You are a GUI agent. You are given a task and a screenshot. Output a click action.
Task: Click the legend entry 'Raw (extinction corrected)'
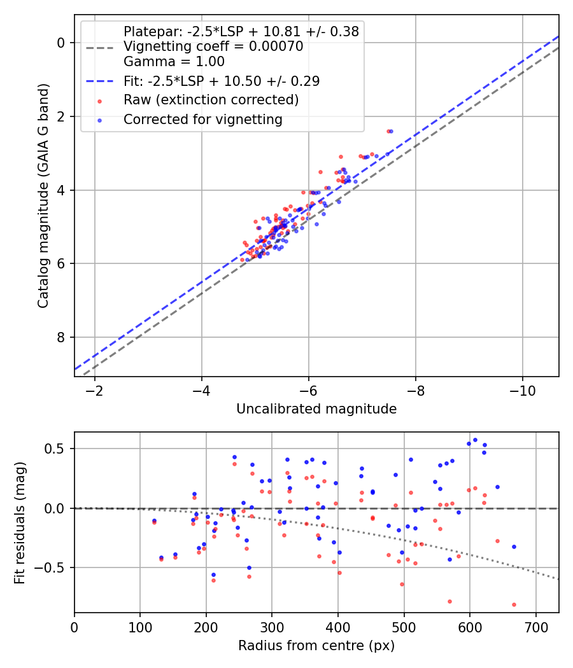pos(211,100)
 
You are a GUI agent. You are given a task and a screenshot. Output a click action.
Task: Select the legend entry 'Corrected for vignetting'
pos(202,119)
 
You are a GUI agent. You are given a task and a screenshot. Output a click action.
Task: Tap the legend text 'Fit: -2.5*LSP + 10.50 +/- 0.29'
pos(222,81)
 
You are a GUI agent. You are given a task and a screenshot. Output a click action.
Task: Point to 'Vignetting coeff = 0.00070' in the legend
pos(213,46)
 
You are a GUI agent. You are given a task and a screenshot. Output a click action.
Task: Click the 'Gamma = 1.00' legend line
pos(174,62)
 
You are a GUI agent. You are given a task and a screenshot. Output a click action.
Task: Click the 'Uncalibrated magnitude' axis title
pos(316,409)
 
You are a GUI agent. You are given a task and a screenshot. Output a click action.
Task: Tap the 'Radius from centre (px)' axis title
pos(316,646)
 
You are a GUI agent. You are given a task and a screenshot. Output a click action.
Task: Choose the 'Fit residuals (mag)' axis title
pos(20,523)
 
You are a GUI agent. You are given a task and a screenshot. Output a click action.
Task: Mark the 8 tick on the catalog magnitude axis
pos(61,337)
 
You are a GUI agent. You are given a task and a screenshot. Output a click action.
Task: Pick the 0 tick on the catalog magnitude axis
pos(61,43)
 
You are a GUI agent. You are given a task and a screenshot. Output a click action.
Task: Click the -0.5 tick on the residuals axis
pos(53,567)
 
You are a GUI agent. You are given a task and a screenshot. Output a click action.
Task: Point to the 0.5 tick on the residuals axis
pos(57,449)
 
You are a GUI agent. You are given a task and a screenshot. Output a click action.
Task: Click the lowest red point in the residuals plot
pos(514,604)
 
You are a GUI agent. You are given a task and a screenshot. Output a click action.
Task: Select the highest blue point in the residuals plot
pos(475,440)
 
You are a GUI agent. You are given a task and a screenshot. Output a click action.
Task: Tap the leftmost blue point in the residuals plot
pos(154,520)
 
